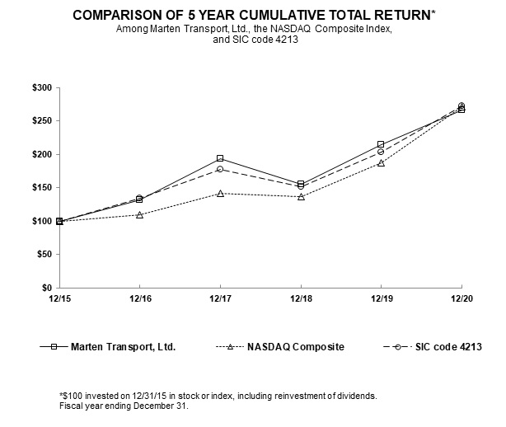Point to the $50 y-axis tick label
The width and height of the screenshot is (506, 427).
point(42,255)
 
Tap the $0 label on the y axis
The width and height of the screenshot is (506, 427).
point(45,288)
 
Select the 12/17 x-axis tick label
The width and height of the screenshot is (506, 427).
point(220,298)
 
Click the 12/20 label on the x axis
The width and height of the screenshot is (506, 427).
point(461,298)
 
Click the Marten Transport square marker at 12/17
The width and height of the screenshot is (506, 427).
point(220,158)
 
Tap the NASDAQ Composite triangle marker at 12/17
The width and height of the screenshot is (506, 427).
point(220,193)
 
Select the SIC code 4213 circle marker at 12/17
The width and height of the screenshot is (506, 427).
point(220,169)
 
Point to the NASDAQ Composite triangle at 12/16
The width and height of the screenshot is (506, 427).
point(139,214)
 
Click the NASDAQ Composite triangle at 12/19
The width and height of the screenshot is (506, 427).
point(381,162)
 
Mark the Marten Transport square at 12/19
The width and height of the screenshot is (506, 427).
point(381,144)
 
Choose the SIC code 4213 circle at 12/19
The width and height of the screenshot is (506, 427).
point(381,152)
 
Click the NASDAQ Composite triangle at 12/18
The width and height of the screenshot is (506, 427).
point(301,197)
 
